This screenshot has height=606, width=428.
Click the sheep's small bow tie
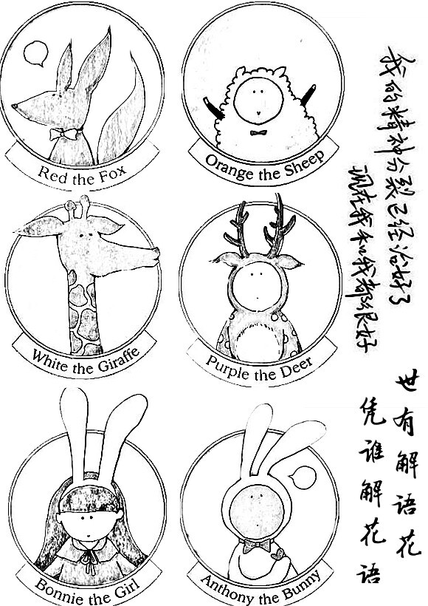coord(258,133)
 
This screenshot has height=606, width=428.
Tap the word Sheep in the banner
coord(303,169)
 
